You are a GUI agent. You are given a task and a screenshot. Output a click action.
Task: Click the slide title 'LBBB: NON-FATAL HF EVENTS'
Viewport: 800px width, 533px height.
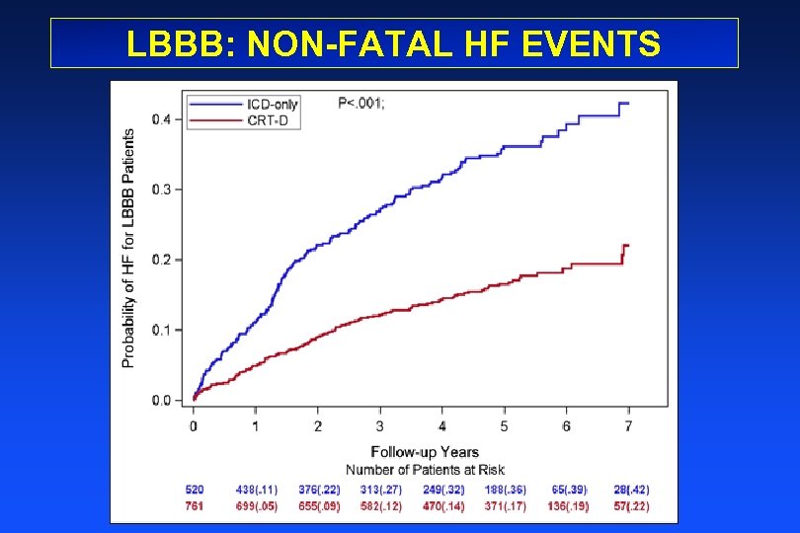coord(394,43)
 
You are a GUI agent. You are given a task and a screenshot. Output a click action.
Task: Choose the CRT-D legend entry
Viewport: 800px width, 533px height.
coord(269,120)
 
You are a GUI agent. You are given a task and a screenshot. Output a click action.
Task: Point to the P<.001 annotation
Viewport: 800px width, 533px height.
coord(361,104)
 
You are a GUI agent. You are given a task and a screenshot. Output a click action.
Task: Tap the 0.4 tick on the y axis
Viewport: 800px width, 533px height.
coord(160,119)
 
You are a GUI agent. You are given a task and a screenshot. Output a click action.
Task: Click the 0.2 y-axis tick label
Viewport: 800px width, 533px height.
coord(160,260)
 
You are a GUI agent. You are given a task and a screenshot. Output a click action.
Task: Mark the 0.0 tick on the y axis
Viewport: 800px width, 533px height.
coord(160,401)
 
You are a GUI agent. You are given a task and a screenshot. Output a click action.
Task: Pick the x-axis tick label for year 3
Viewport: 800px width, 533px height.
coord(380,425)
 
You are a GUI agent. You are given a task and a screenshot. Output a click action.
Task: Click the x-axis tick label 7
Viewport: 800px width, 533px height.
coord(629,425)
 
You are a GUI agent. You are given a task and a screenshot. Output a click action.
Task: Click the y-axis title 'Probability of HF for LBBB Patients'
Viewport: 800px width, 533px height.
coord(128,250)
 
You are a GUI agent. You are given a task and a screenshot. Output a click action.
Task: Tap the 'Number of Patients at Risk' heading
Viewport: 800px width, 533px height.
coord(425,469)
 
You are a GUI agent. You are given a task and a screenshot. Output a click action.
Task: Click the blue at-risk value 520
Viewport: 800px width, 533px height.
coord(196,490)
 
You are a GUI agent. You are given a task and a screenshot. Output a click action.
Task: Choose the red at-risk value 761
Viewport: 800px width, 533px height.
coord(196,507)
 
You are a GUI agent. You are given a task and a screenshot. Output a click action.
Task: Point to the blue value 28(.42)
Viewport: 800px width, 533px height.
coord(629,490)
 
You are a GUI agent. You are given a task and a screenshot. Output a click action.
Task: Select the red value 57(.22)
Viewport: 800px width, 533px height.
coord(629,507)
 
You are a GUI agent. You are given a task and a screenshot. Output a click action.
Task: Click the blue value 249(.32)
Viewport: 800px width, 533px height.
coord(443,490)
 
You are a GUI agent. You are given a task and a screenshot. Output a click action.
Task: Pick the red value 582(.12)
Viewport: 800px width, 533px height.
coord(381,507)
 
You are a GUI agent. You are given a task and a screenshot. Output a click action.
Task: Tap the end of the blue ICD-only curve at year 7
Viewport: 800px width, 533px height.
coord(626,104)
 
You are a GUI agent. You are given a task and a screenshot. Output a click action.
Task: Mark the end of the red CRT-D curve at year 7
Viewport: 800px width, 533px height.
coord(626,245)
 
